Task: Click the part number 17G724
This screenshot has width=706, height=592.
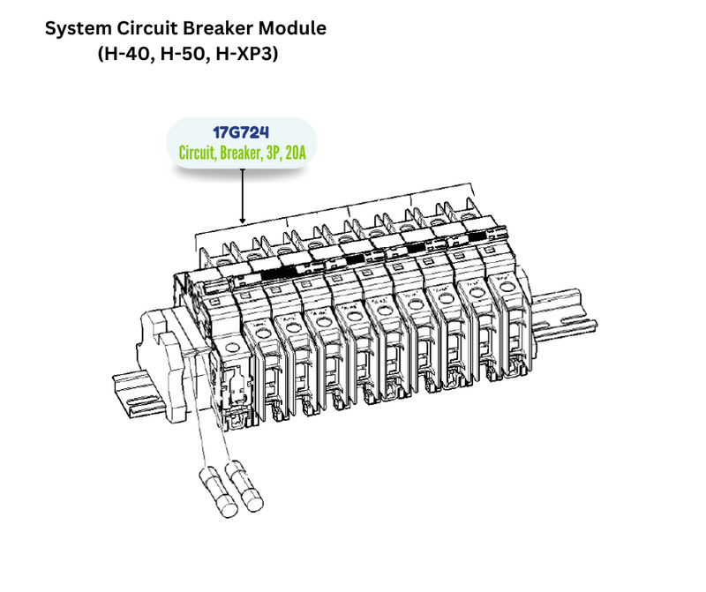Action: (240, 133)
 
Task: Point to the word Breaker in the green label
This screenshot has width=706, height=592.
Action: (240, 153)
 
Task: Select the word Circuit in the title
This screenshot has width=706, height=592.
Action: (161, 28)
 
